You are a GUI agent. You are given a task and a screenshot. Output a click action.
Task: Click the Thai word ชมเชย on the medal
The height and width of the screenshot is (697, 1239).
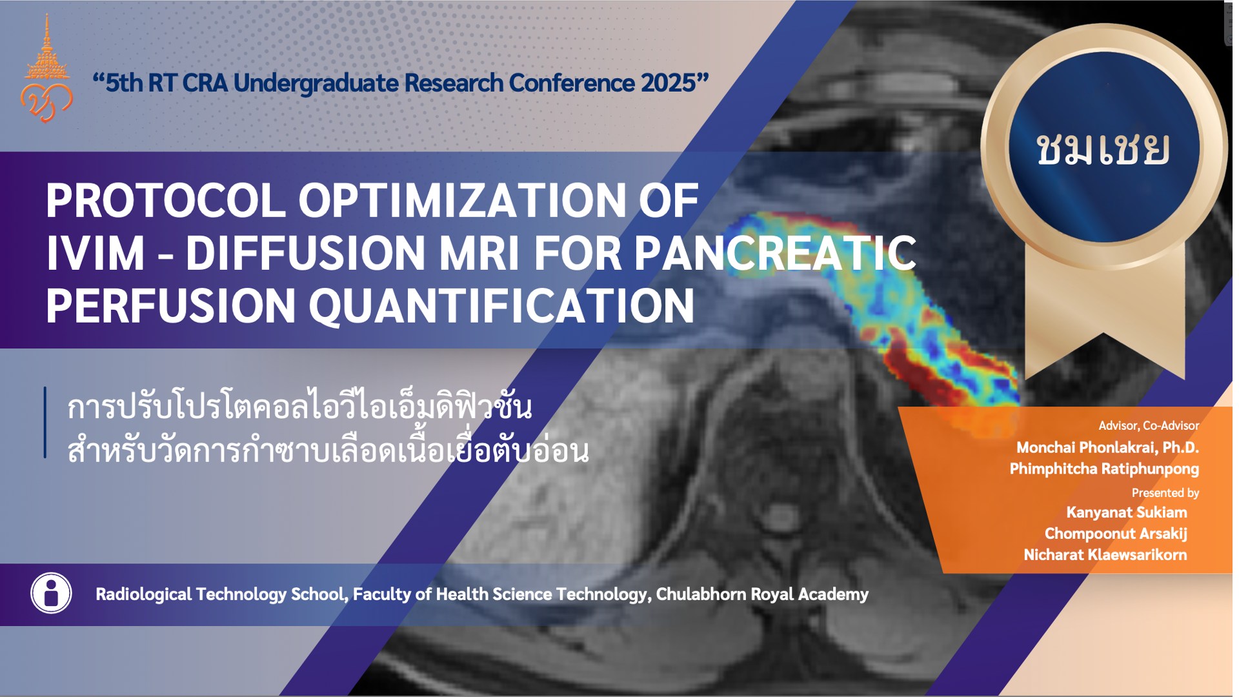click(1103, 150)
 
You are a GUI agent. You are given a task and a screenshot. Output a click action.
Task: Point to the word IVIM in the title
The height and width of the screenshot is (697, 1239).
click(96, 253)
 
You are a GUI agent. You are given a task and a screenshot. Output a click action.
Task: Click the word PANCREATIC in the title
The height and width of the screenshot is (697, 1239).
click(775, 253)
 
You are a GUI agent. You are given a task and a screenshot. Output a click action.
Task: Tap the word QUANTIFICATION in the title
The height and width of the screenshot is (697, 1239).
click(502, 305)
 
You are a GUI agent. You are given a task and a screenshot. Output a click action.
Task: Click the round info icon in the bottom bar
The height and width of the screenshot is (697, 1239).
click(51, 593)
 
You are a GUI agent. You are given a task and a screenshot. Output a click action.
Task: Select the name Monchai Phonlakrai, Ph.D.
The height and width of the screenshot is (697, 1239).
click(1107, 447)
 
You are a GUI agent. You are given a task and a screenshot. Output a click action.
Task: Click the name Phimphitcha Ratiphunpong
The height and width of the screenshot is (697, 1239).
click(1104, 469)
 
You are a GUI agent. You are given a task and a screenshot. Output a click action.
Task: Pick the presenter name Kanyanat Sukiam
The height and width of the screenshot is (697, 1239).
click(1127, 512)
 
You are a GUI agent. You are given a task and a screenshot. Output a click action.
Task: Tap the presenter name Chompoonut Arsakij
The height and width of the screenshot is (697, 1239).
click(1116, 534)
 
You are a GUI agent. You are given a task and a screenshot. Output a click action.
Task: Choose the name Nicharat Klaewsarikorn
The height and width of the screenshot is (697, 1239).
click(1105, 555)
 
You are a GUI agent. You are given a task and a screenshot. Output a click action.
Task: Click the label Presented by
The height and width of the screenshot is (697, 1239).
click(1165, 493)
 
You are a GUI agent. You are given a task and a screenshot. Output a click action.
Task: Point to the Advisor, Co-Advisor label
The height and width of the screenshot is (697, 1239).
click(1149, 426)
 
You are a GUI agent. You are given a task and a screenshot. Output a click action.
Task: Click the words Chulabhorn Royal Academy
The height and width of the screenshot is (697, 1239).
click(762, 594)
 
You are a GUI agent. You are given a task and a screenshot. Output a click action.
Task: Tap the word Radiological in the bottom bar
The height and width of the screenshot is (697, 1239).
click(143, 594)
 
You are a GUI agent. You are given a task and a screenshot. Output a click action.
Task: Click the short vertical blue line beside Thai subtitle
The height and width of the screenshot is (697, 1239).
click(45, 423)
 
